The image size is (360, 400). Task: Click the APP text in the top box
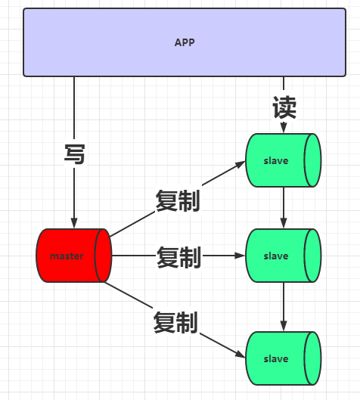pyautogui.click(x=185, y=42)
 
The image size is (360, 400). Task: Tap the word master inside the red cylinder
pyautogui.click(x=67, y=256)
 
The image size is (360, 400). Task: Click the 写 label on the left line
pyautogui.click(x=74, y=154)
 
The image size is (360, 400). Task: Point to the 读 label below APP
pyautogui.click(x=284, y=108)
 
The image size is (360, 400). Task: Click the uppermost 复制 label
pyautogui.click(x=177, y=200)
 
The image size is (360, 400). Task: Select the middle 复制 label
pyautogui.click(x=178, y=257)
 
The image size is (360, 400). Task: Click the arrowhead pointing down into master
pyautogui.click(x=74, y=223)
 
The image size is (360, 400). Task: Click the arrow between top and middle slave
pyautogui.click(x=284, y=207)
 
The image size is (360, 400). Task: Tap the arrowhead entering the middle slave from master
pyautogui.click(x=241, y=256)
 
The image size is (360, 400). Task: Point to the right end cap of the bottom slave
pyautogui.click(x=312, y=358)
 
